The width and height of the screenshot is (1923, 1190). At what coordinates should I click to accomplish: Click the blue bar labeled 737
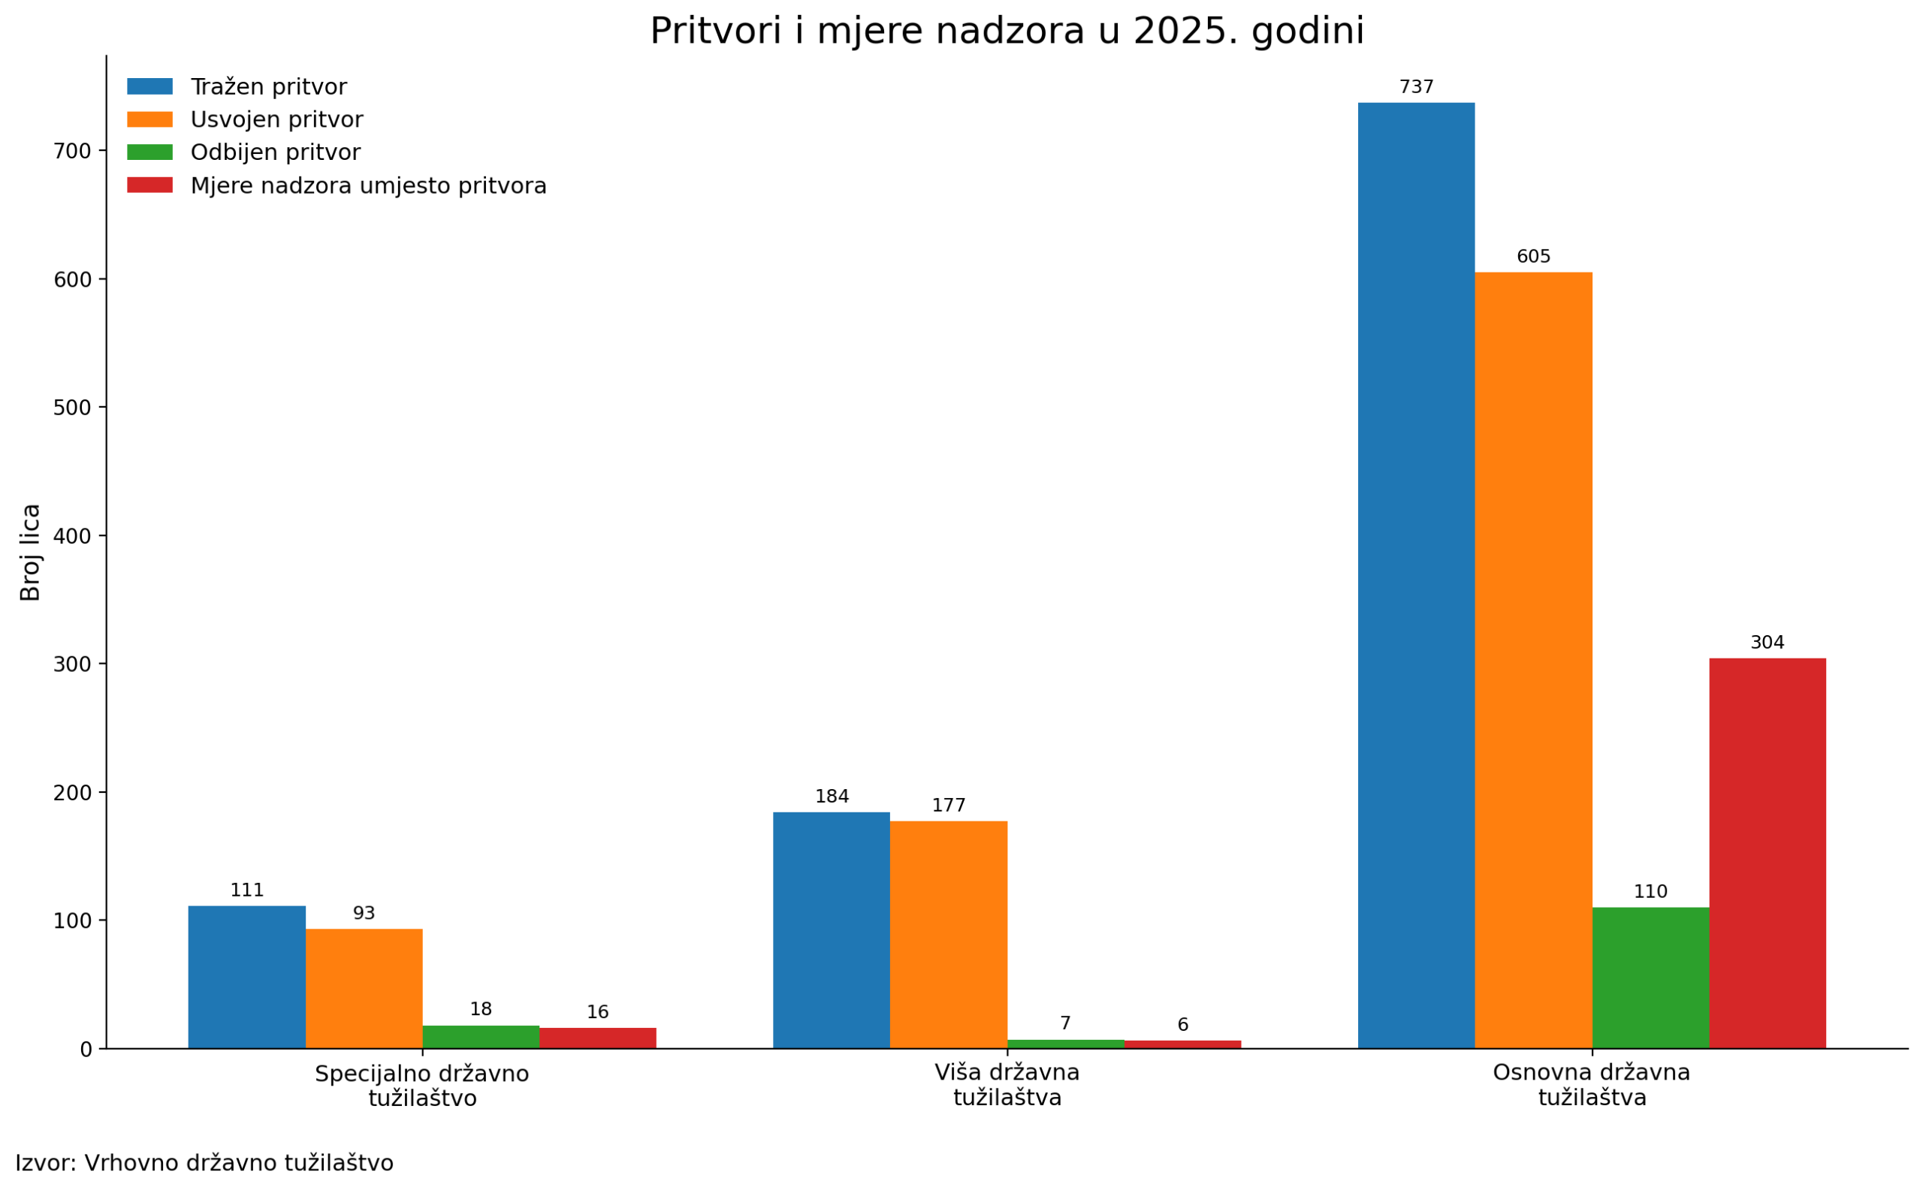point(1415,574)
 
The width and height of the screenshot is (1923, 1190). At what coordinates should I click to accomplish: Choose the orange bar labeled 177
point(948,934)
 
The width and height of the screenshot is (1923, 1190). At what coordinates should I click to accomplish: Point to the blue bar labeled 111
point(246,977)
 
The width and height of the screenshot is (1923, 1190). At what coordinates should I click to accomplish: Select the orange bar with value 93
point(363,989)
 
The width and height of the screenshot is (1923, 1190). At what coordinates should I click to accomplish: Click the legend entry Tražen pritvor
point(267,87)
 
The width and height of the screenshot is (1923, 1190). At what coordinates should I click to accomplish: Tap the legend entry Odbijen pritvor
point(275,152)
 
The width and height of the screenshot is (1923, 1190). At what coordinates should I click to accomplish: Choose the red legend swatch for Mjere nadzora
point(149,185)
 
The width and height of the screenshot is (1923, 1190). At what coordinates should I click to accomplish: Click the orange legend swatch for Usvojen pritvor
point(149,119)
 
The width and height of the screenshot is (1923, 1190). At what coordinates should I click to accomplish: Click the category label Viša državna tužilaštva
point(1007,1086)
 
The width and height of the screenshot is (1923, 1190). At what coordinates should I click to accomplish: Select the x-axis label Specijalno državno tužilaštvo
point(421,1086)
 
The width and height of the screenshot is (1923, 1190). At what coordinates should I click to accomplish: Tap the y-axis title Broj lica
point(30,553)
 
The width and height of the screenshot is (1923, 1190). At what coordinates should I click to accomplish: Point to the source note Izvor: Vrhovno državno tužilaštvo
point(204,1163)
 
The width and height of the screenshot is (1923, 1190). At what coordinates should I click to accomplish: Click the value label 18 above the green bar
point(480,1010)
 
